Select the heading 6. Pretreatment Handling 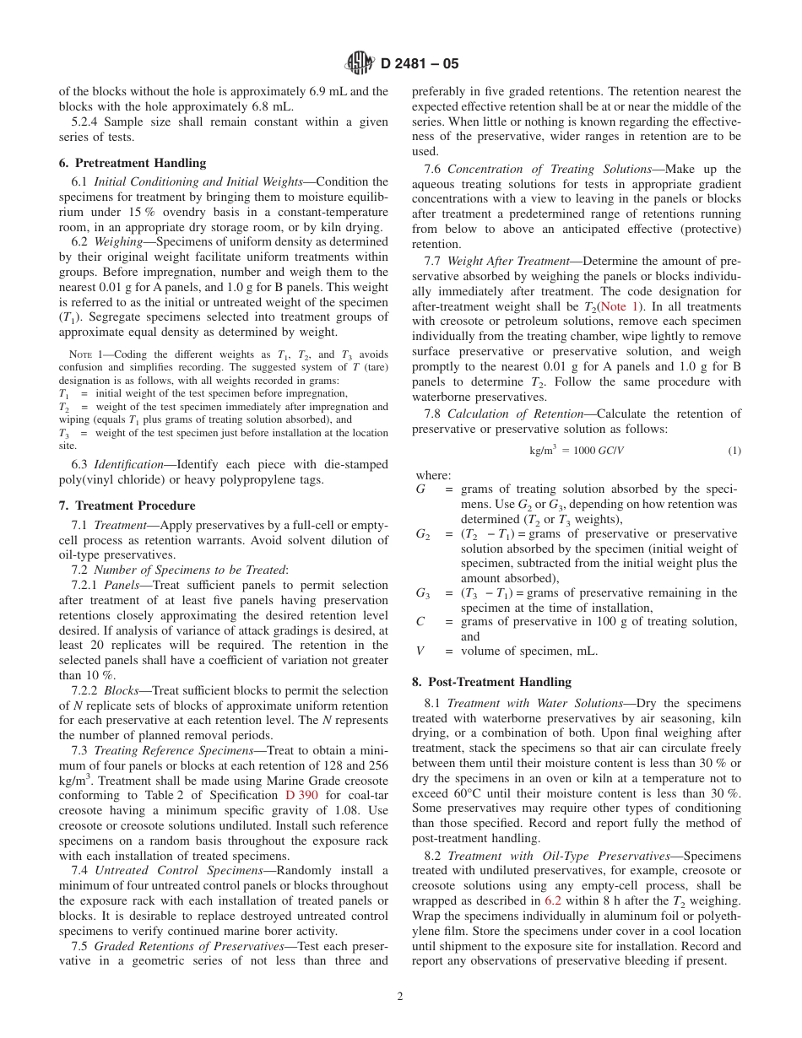[x=133, y=163]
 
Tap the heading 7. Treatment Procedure [x=127, y=505]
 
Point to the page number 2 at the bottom [x=400, y=996]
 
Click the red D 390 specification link [x=301, y=795]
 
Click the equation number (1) [x=734, y=451]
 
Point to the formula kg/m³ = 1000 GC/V [x=577, y=451]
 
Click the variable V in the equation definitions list [x=420, y=651]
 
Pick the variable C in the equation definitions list [x=420, y=621]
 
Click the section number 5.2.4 [x=85, y=122]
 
